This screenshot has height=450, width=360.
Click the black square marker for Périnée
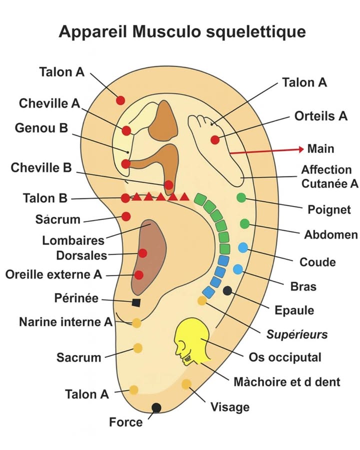pyautogui.click(x=136, y=302)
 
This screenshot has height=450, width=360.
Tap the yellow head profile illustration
pyautogui.click(x=193, y=341)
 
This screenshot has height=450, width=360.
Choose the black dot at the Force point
pyautogui.click(x=156, y=407)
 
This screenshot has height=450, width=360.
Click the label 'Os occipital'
pyautogui.click(x=285, y=357)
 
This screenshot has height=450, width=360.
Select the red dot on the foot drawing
pyautogui.click(x=215, y=140)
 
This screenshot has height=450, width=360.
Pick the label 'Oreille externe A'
pyautogui.click(x=53, y=274)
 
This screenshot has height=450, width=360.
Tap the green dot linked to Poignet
pyautogui.click(x=241, y=197)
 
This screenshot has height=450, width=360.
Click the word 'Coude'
pyautogui.click(x=317, y=262)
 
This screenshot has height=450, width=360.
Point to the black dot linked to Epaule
pyautogui.click(x=227, y=290)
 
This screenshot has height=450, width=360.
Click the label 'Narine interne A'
pyautogui.click(x=66, y=321)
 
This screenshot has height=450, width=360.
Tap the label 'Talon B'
pyautogui.click(x=45, y=198)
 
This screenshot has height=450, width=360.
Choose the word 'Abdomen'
pyautogui.click(x=331, y=234)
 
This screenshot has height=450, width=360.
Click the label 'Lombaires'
pyautogui.click(x=73, y=240)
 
